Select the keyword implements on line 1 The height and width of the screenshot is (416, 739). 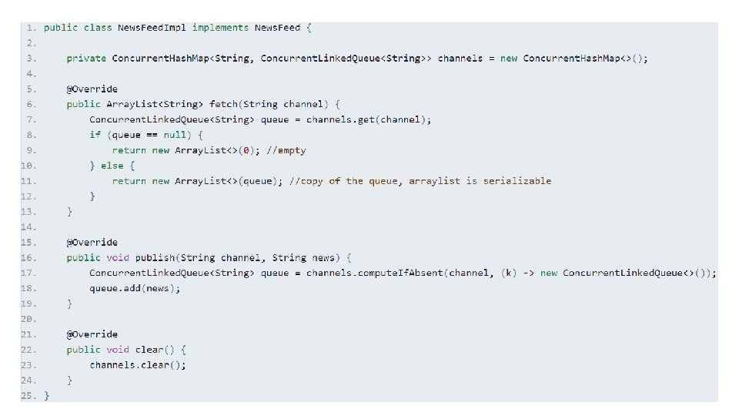coord(220,28)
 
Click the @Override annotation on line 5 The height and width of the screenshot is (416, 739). coord(92,89)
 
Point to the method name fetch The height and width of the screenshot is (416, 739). coord(224,104)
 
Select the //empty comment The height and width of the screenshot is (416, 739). coord(286,150)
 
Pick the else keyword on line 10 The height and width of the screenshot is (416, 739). coord(112,166)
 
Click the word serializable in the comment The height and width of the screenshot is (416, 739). coord(517,181)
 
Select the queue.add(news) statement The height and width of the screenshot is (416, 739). coord(135,288)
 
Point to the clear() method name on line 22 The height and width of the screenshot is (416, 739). coord(149,350)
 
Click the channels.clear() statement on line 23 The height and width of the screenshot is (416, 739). coord(137,365)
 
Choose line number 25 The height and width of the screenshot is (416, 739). coord(28,395)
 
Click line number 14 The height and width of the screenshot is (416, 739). coord(28,227)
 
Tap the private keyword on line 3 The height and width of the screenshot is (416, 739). coord(85,59)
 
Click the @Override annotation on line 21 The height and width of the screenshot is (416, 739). coord(92,334)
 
